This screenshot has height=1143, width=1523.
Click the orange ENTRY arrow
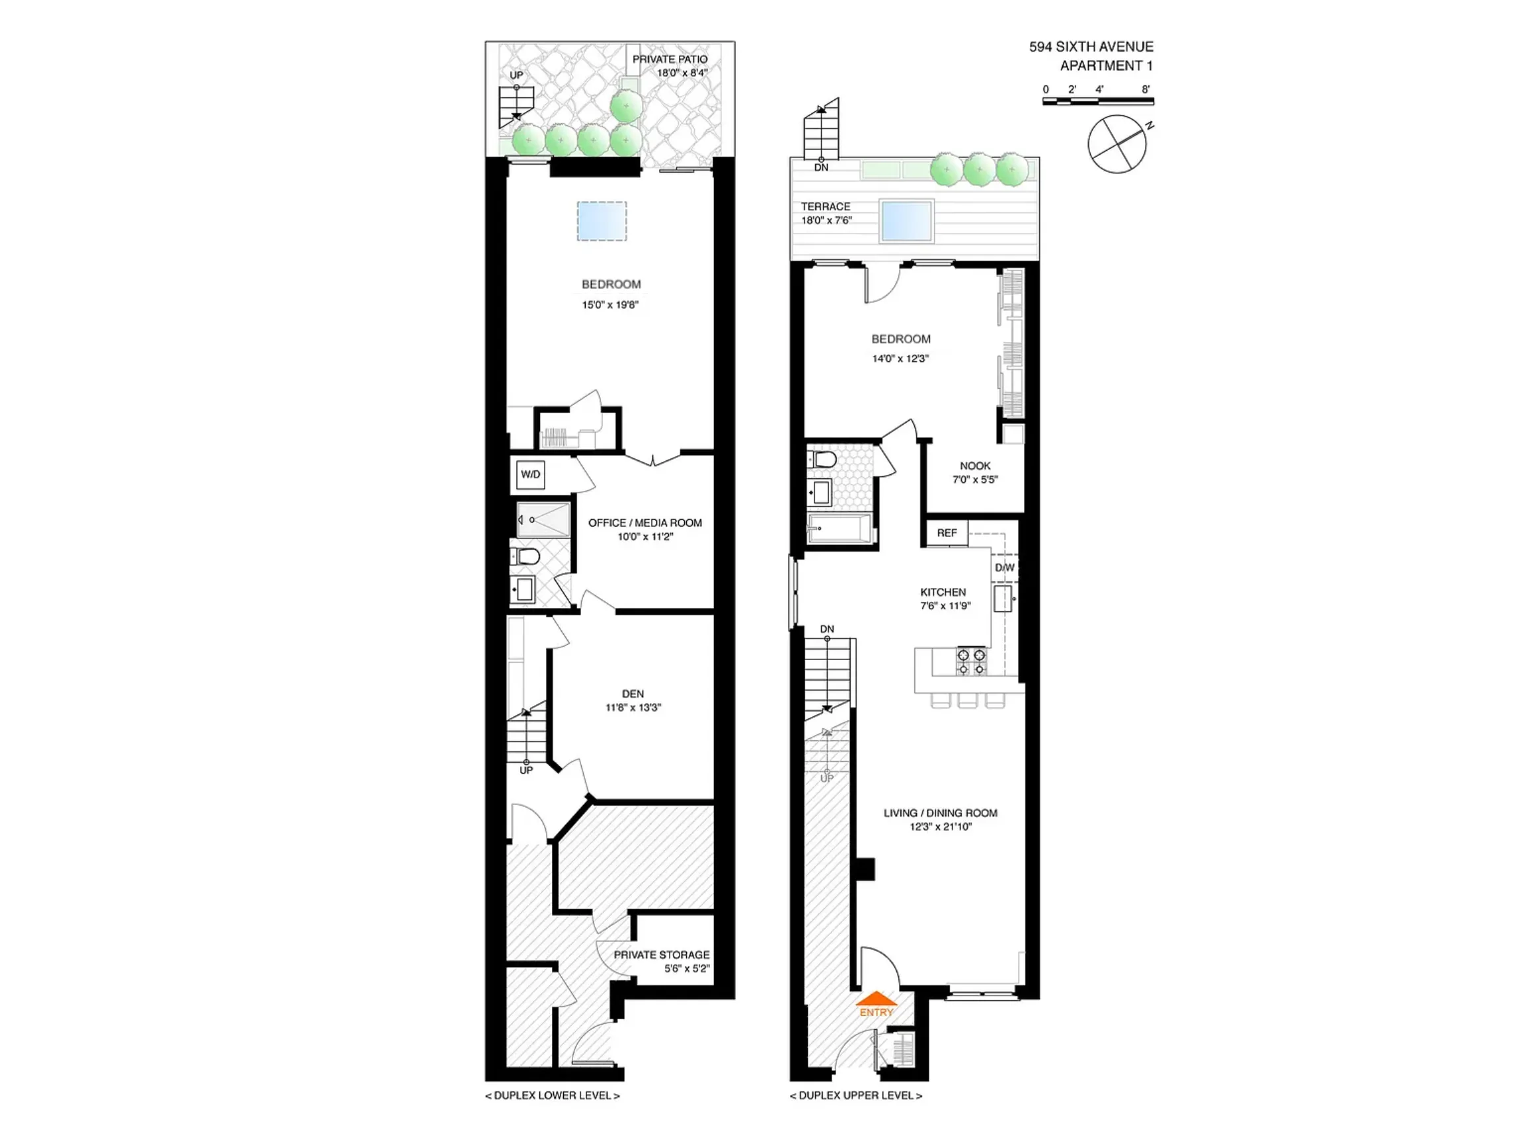[876, 999]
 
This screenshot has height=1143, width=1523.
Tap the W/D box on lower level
[530, 475]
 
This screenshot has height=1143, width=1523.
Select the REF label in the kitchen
[947, 532]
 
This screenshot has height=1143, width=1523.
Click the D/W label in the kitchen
[1005, 568]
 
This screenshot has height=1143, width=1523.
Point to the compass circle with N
[1116, 144]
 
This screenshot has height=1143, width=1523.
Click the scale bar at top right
[1097, 101]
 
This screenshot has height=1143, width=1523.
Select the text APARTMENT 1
[1106, 66]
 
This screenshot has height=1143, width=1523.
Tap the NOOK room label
[975, 466]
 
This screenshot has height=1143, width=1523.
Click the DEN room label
[633, 694]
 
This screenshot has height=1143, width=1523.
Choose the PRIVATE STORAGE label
[661, 955]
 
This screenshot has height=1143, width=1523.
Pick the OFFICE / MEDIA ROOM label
[644, 523]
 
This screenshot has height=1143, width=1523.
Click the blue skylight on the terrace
[906, 220]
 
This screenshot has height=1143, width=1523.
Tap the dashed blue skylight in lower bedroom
[602, 221]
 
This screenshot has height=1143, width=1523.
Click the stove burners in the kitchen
[971, 661]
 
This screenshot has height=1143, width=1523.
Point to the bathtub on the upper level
[840, 529]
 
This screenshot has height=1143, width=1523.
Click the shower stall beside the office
[544, 519]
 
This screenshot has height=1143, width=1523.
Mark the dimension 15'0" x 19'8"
[610, 304]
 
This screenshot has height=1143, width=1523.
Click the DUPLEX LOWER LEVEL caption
[552, 1095]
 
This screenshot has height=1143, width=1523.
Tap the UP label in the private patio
[516, 75]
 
